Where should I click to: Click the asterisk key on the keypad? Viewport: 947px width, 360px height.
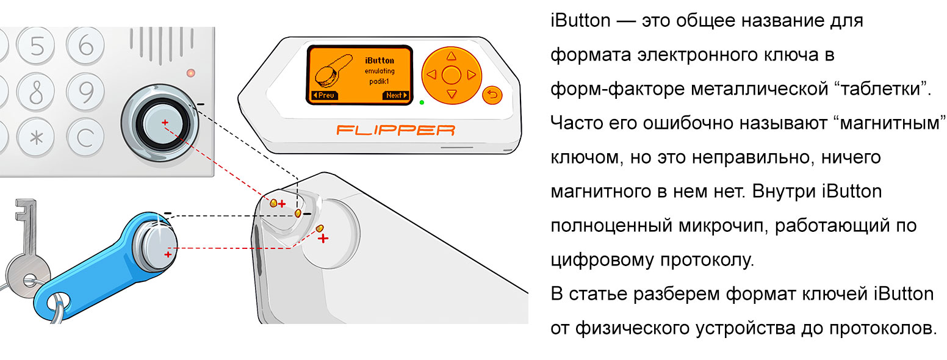pos(38,137)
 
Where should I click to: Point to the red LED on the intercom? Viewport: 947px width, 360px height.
pos(190,73)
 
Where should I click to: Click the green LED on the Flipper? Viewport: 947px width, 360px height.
pos(421,102)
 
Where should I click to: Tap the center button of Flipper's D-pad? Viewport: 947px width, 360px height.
pos(451,75)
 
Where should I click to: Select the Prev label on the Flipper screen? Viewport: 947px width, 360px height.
pos(323,96)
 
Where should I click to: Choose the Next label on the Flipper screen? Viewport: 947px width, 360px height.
pos(395,96)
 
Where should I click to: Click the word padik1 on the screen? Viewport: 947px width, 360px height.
pos(379,81)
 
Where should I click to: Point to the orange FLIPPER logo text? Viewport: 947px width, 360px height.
pos(396,130)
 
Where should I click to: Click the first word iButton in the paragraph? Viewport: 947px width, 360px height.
pos(580,21)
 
